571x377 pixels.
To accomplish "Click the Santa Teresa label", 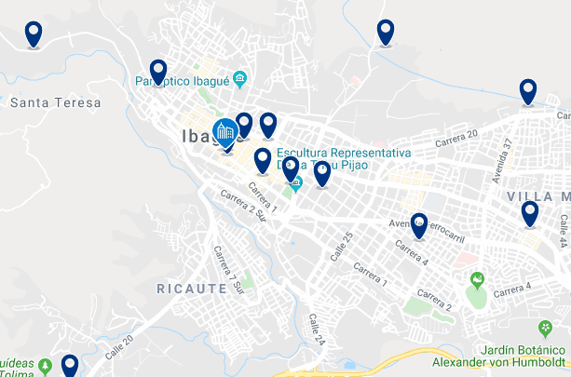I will point(55,102).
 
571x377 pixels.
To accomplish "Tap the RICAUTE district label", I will point(192,289).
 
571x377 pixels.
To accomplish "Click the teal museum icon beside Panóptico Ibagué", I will point(240,77).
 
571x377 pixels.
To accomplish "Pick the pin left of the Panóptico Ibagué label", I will point(157,72).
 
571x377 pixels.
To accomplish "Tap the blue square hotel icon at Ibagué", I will point(225,131).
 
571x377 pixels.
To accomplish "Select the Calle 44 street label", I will point(563,230).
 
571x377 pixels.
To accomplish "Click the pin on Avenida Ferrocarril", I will point(418,225).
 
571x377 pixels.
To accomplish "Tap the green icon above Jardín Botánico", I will point(545,328).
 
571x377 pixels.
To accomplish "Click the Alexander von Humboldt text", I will point(500,362).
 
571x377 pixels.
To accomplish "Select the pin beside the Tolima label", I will point(69,365).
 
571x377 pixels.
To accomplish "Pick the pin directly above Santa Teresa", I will point(34,34).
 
